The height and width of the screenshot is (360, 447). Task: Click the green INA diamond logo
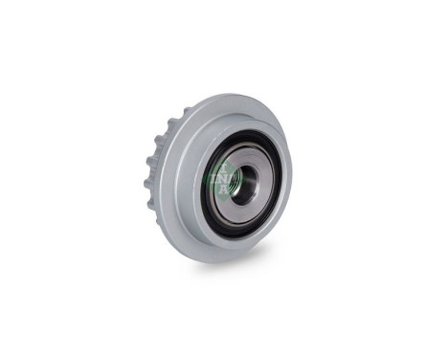pos(221,177)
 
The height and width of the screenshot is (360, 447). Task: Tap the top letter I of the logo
pos(222,168)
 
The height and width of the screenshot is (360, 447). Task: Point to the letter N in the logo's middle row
pos(221,177)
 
